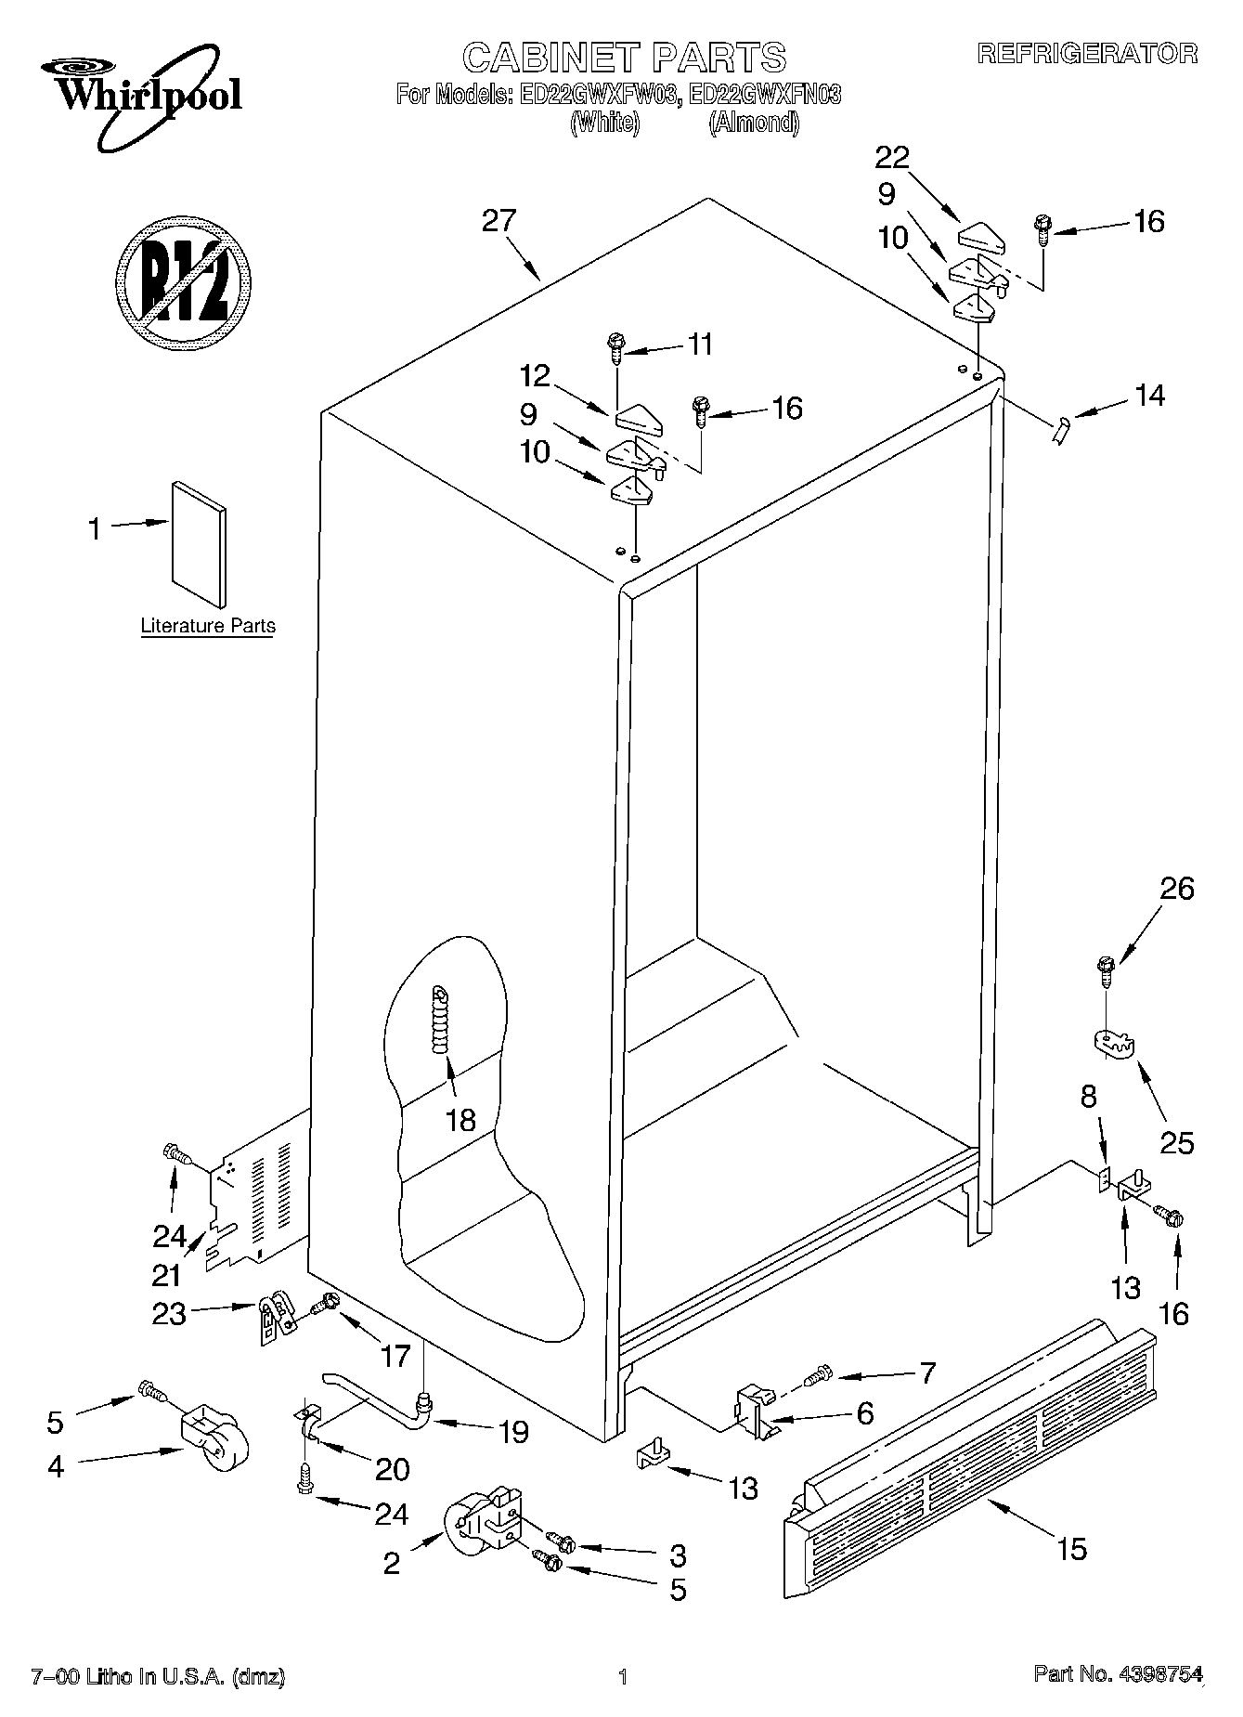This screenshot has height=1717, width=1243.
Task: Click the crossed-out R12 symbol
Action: coord(184,281)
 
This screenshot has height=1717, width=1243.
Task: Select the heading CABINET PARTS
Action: coord(624,58)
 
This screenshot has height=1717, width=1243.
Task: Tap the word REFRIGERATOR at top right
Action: coord(1087,54)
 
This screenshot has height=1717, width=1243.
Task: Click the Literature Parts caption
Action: coord(208,626)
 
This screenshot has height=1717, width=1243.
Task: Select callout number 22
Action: coord(892,157)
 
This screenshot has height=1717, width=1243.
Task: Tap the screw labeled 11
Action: coord(615,345)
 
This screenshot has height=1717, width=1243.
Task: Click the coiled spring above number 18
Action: coord(441,1019)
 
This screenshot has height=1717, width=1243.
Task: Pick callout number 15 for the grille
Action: coord(1071,1548)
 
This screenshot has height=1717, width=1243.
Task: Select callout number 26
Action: coord(1176,889)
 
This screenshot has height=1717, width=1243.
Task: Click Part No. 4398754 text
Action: coord(1119,1675)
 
